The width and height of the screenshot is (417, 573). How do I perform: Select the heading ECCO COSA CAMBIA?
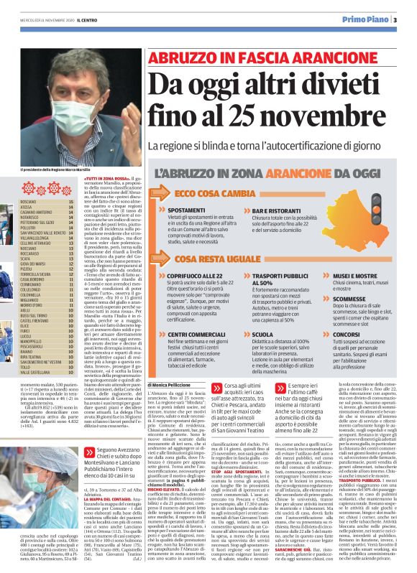205,194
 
